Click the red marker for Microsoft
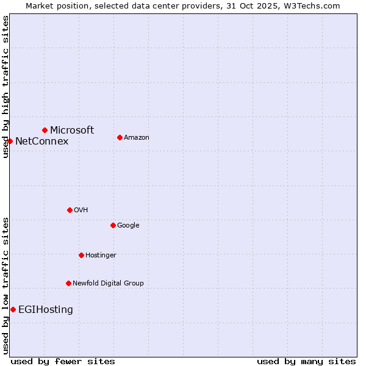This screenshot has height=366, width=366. click(45, 130)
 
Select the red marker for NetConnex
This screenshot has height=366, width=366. click(10, 141)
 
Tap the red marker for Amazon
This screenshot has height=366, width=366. click(120, 137)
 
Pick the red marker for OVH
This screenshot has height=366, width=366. click(70, 210)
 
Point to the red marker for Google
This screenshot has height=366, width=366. click(113, 225)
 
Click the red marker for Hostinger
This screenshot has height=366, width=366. click(81, 255)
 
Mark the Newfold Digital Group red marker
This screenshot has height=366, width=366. click(68, 283)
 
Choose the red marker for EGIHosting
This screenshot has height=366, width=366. click(13, 309)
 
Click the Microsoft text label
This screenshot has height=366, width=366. click(72, 130)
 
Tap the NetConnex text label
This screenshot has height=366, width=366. click(41, 142)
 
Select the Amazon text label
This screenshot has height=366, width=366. click(137, 138)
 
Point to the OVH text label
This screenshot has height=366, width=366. click(81, 210)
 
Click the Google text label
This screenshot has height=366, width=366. click(128, 226)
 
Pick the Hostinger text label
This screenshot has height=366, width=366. click(101, 256)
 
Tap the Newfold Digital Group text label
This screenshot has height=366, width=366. click(108, 284)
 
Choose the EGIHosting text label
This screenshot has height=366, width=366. click(46, 310)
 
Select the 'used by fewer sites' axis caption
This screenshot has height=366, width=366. click(63, 361)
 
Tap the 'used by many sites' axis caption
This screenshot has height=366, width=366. click(306, 361)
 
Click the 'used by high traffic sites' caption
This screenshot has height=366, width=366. click(5, 87)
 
